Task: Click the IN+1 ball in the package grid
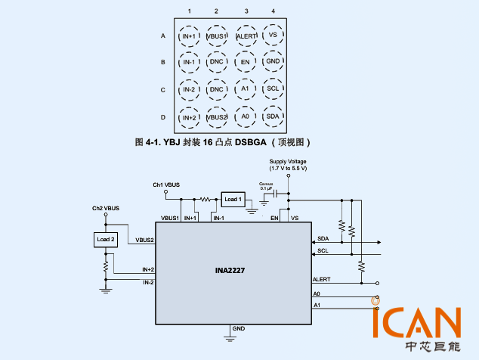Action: click(x=189, y=36)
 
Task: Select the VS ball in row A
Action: click(x=273, y=35)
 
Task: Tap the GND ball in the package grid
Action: click(x=273, y=61)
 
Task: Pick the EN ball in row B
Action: click(x=245, y=62)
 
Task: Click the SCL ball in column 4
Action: click(x=273, y=89)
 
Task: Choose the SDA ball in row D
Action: click(x=273, y=116)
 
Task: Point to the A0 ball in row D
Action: click(x=245, y=116)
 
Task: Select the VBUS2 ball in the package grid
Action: click(x=217, y=117)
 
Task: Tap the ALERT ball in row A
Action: click(x=246, y=36)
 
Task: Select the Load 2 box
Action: click(x=106, y=240)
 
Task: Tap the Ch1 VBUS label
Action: click(x=166, y=185)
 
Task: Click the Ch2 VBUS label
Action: click(x=105, y=207)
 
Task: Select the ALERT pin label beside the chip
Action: click(x=321, y=279)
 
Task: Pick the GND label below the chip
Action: click(x=239, y=329)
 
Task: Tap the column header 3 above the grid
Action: click(x=246, y=11)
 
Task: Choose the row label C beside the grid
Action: click(x=162, y=90)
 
